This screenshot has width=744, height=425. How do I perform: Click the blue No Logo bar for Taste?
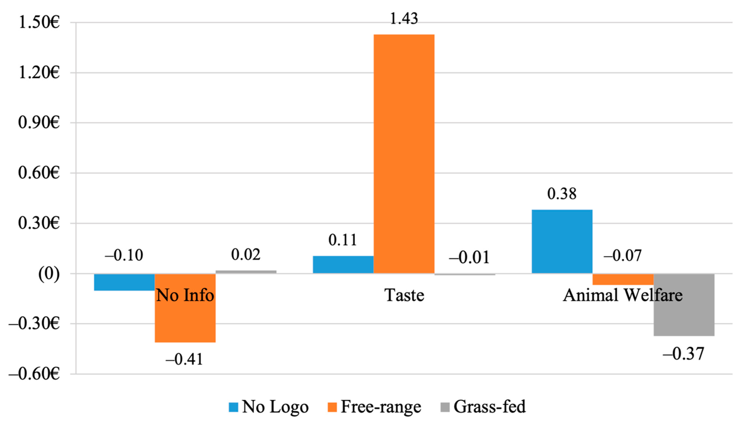point(343,265)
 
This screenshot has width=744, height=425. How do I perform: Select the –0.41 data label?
point(184,359)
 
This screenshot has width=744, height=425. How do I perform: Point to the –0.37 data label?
point(684,354)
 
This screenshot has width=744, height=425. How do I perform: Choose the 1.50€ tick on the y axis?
point(39,22)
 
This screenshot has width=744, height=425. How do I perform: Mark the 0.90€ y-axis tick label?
point(39,123)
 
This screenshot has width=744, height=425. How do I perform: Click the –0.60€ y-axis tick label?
point(34,374)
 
